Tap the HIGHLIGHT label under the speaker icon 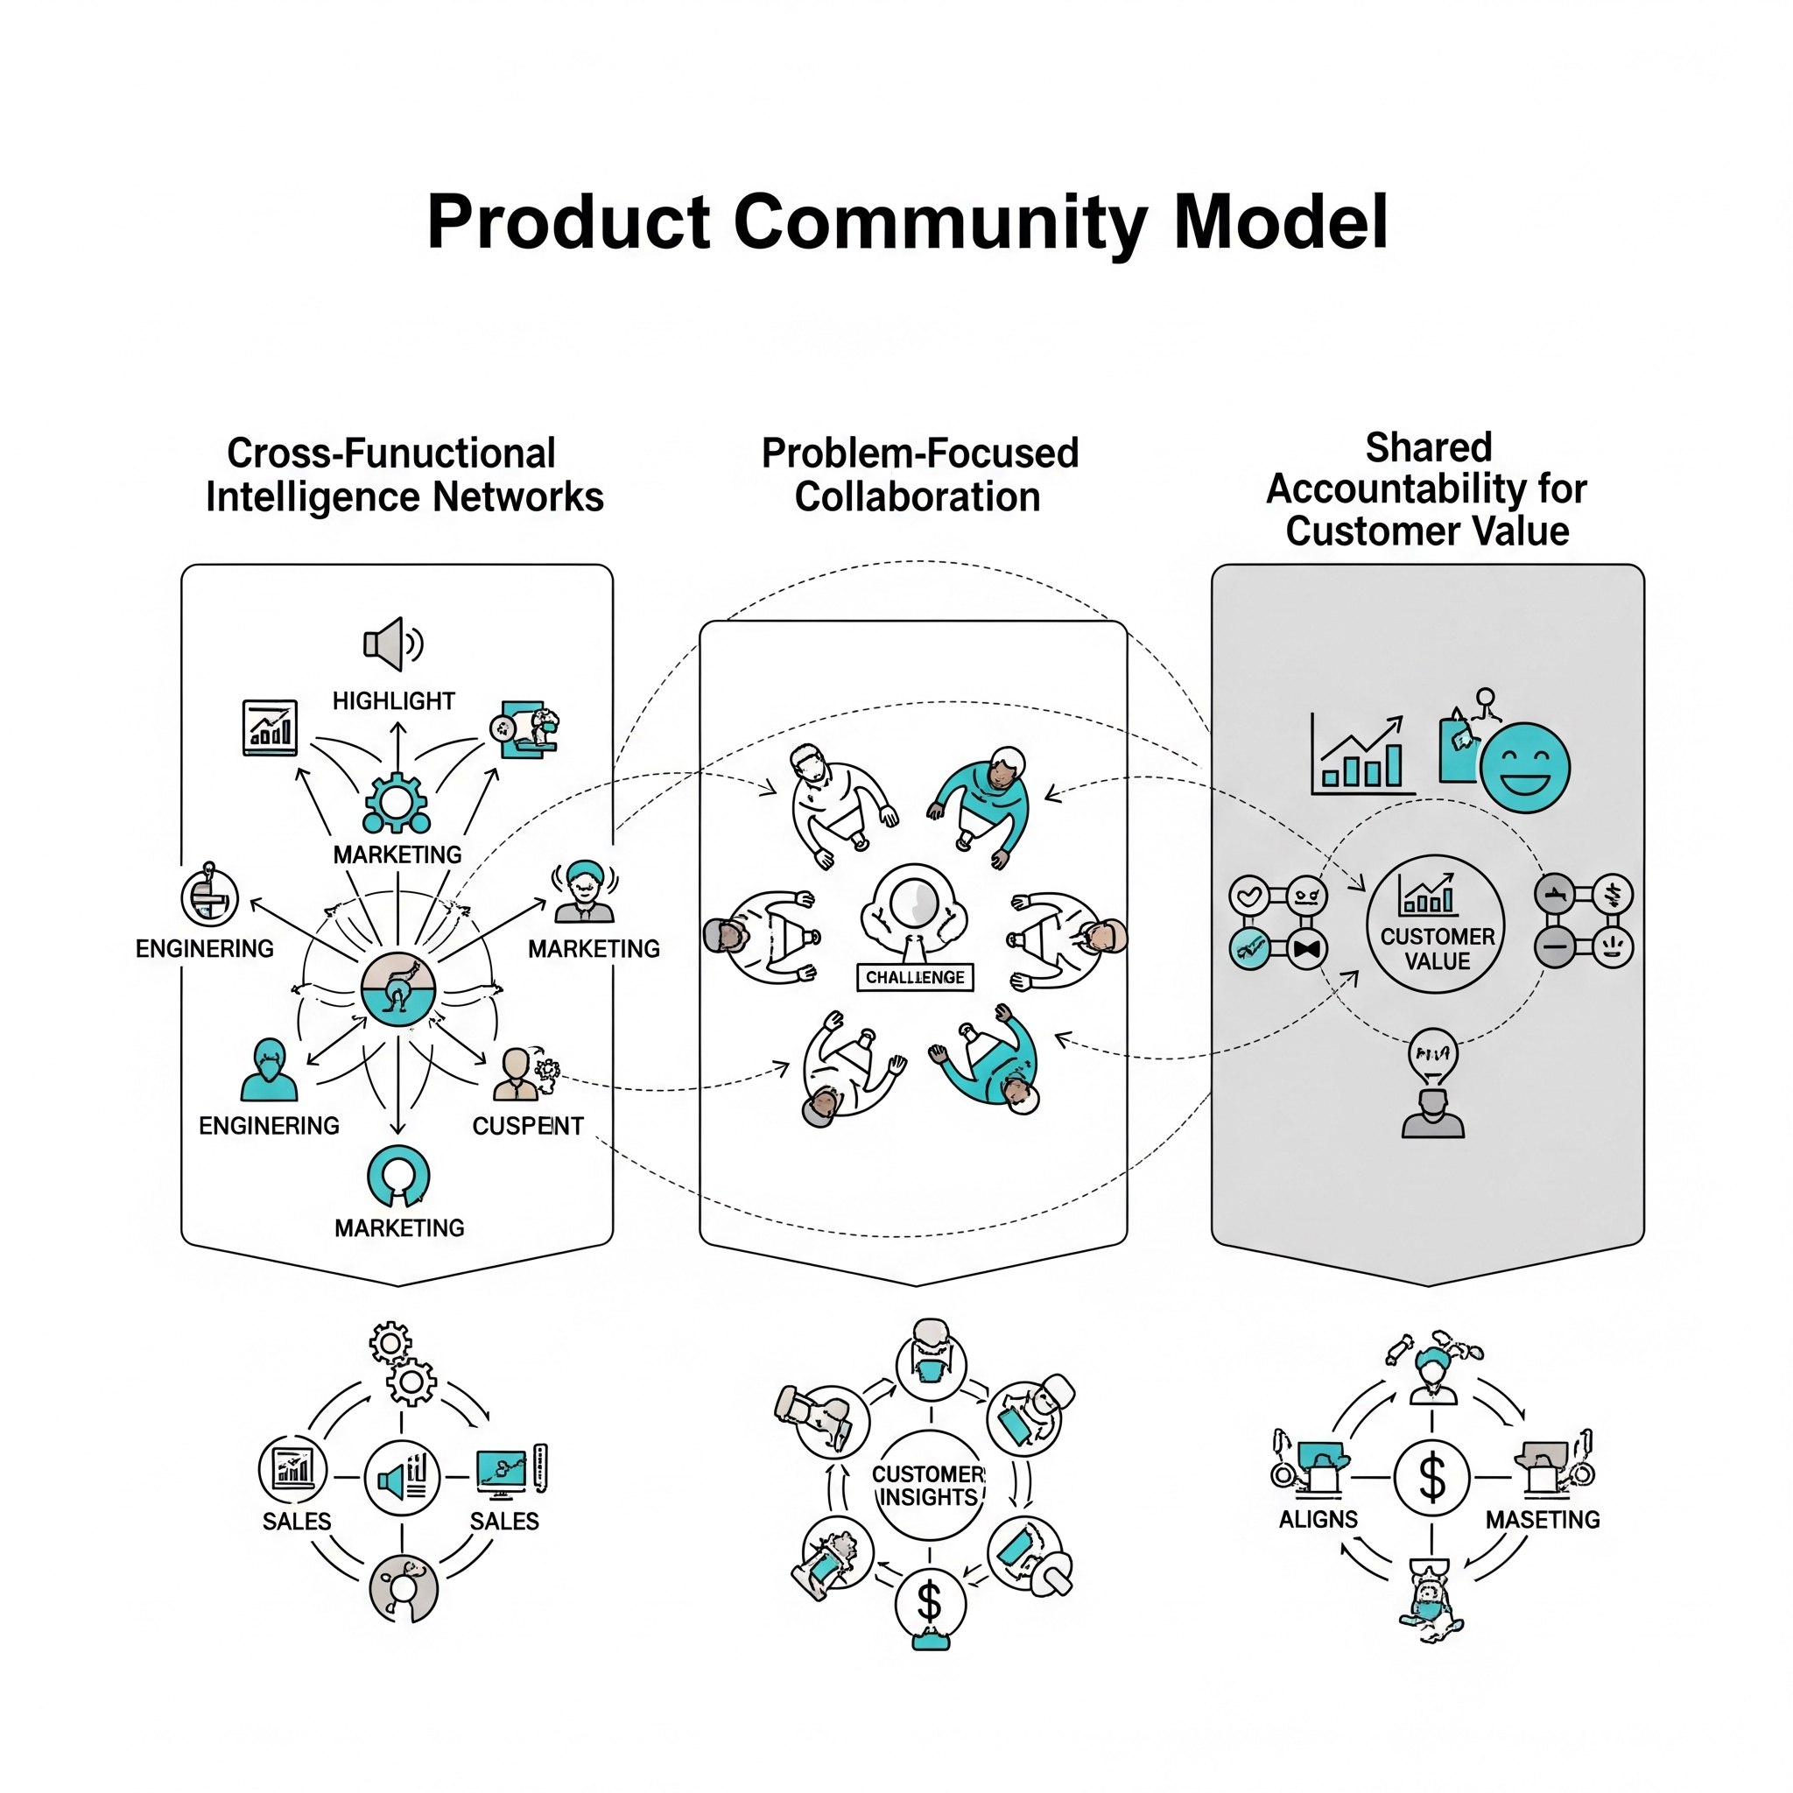(x=393, y=700)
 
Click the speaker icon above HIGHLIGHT (x=393, y=643)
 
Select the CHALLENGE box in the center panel (x=914, y=977)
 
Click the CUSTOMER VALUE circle (x=1436, y=925)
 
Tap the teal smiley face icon (x=1524, y=768)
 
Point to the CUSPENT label (x=527, y=1126)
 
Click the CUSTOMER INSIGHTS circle (x=929, y=1485)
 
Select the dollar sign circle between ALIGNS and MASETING (x=1431, y=1478)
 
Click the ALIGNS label (x=1318, y=1520)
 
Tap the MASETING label (x=1543, y=1520)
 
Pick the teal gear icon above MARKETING (x=397, y=803)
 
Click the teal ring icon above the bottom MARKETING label (x=398, y=1176)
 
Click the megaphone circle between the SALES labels (x=402, y=1478)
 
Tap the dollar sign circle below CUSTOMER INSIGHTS (x=930, y=1603)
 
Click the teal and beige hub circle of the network (x=398, y=988)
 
